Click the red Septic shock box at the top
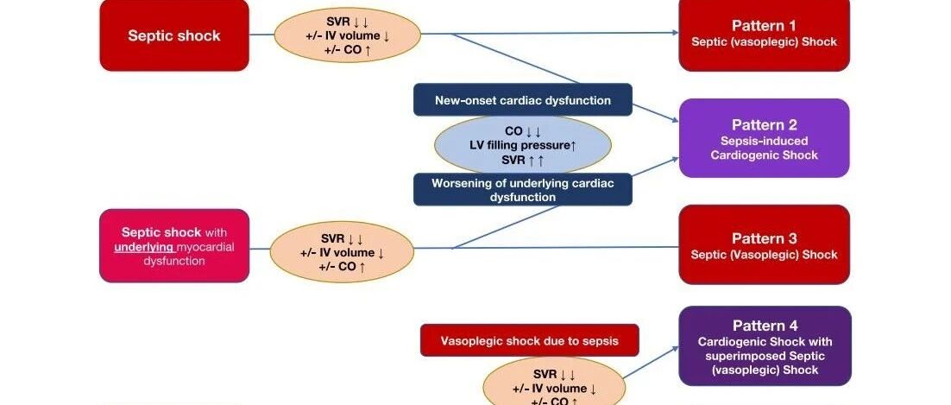(x=174, y=35)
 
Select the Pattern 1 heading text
(x=764, y=26)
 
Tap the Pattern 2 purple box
(x=765, y=138)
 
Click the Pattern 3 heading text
(x=765, y=238)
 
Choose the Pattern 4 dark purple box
(x=765, y=345)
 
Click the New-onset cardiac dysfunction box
(x=523, y=99)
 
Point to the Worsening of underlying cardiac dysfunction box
(x=523, y=189)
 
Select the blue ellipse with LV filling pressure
(x=523, y=145)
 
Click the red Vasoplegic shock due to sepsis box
(x=530, y=340)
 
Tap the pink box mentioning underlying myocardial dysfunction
(x=174, y=246)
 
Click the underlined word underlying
(x=144, y=247)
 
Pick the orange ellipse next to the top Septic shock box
(x=348, y=35)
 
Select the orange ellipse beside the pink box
(x=342, y=251)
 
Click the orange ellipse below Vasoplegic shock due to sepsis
(x=554, y=383)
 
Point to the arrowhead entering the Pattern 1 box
(x=675, y=32)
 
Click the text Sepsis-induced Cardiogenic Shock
(x=765, y=149)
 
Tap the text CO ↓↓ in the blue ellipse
(x=523, y=131)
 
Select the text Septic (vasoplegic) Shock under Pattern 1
(x=765, y=42)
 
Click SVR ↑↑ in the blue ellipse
(x=523, y=161)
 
